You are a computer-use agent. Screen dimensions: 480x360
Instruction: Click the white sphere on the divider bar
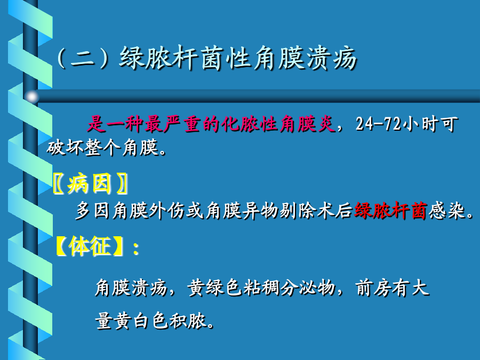pyautogui.click(x=31, y=97)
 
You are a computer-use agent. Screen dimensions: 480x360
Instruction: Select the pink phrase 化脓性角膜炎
pyautogui.click(x=278, y=124)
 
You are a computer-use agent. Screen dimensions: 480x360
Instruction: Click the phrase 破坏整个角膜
pyautogui.click(x=102, y=148)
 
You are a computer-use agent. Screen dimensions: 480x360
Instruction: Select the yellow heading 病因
pyautogui.click(x=89, y=183)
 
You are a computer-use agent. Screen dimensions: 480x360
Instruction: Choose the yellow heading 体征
pyautogui.click(x=90, y=246)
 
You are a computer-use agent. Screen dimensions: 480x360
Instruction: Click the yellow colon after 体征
pyautogui.click(x=136, y=248)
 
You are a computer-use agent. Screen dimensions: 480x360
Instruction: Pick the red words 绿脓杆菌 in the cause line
pyautogui.click(x=390, y=211)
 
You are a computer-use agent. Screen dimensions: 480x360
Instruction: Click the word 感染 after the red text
pyautogui.click(x=446, y=211)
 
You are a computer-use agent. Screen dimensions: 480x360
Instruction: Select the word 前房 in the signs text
pyautogui.click(x=373, y=288)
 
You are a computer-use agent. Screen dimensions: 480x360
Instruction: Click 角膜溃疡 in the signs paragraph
pyautogui.click(x=131, y=288)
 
